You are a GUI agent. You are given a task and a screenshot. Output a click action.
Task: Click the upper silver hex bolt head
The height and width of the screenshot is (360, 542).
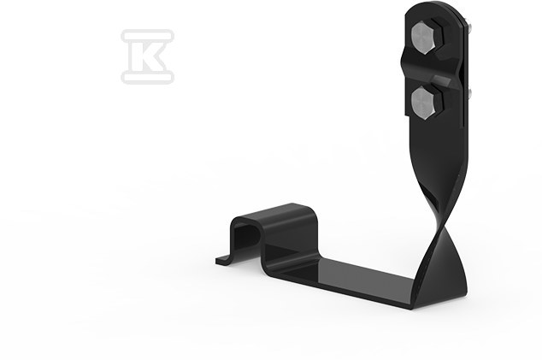[x=423, y=38]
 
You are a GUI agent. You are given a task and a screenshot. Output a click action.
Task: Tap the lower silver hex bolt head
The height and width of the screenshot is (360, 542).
[x=423, y=103]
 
